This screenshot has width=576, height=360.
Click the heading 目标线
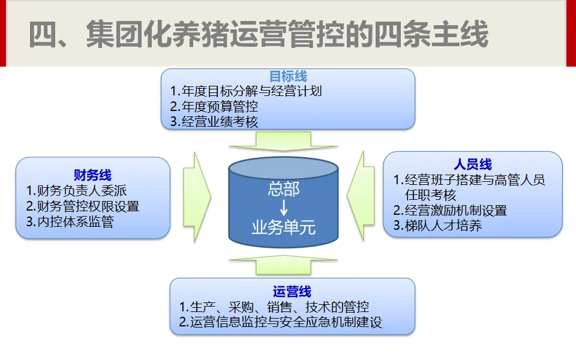(288, 76)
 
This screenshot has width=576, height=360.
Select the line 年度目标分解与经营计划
(246, 91)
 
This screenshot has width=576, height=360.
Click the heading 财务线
(92, 175)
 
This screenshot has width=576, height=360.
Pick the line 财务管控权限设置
(83, 206)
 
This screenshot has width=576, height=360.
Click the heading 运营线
(292, 292)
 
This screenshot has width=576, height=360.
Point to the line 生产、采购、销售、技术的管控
(274, 307)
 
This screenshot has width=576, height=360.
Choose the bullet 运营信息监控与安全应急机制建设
(280, 322)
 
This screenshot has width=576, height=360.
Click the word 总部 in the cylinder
(283, 191)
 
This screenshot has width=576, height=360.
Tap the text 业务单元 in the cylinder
(283, 228)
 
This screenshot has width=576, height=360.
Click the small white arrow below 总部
(283, 209)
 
